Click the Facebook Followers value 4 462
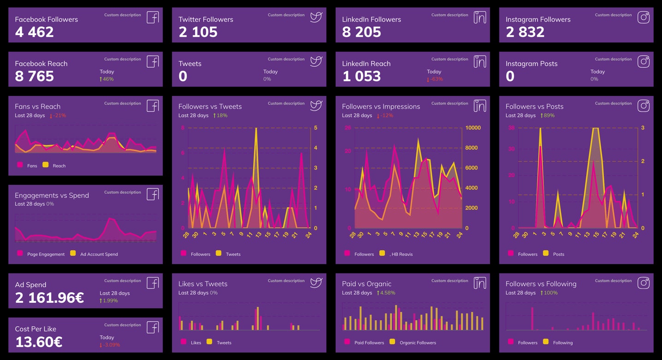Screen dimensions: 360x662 click(x=34, y=32)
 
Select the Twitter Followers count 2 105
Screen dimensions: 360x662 click(x=198, y=32)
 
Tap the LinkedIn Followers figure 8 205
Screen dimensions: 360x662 click(x=361, y=32)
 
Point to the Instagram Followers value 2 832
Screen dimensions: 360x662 click(x=525, y=32)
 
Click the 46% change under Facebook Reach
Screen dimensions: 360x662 click(x=108, y=79)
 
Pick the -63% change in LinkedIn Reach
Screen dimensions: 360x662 click(x=436, y=79)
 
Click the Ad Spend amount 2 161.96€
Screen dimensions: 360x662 click(x=49, y=298)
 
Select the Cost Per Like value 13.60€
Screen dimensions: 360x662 click(x=39, y=342)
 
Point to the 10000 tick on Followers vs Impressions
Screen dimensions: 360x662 click(x=473, y=128)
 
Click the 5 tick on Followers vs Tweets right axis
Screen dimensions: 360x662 click(x=315, y=128)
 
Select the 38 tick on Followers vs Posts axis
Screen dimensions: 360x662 click(x=511, y=128)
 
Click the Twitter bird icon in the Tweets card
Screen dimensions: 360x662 click(x=316, y=61)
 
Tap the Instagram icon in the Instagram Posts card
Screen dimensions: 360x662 click(x=643, y=61)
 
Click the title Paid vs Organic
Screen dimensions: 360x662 click(x=366, y=284)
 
